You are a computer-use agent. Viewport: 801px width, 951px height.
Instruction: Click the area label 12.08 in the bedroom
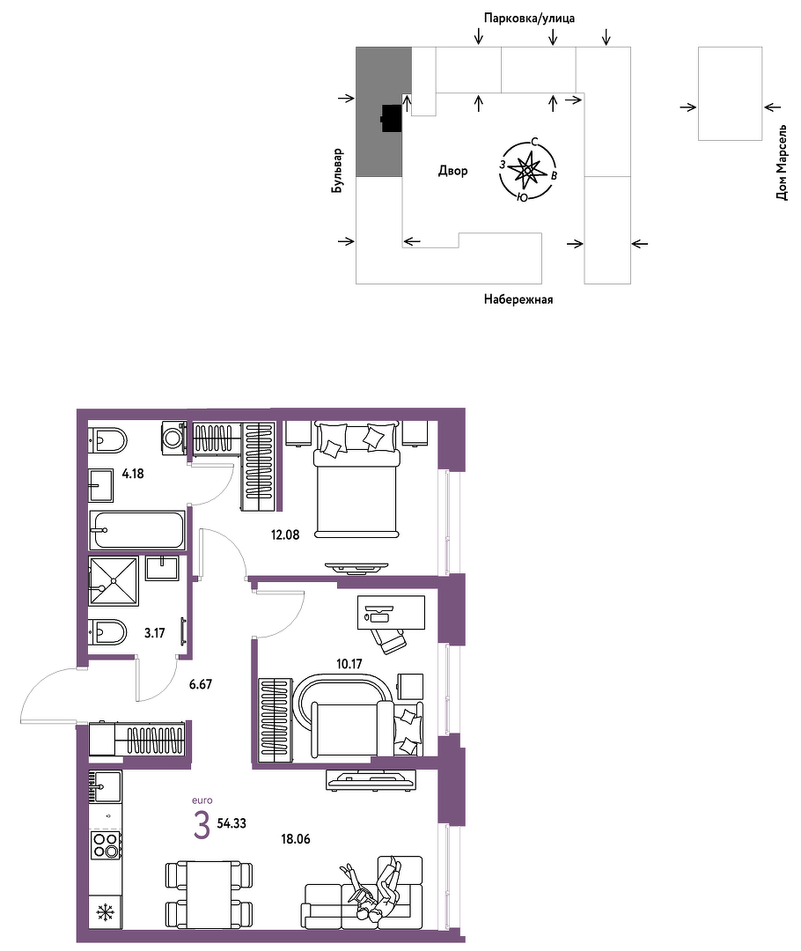tap(285, 535)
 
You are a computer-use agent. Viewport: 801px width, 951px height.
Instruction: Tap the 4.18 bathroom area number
tap(133, 474)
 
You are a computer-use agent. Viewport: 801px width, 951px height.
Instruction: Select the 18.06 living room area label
tap(295, 839)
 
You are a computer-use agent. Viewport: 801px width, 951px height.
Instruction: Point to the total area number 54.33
tap(231, 823)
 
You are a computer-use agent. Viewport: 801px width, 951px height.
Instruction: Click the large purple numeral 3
tap(202, 826)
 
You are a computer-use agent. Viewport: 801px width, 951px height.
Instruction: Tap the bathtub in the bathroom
tap(137, 530)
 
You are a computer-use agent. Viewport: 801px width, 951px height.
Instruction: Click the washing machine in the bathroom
tap(173, 436)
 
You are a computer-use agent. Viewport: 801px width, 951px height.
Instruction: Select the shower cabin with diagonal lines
tap(114, 581)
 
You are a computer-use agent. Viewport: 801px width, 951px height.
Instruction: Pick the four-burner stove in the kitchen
tap(106, 844)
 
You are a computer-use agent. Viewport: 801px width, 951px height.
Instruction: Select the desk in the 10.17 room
tap(391, 612)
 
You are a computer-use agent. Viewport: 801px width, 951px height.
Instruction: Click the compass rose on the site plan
tap(527, 171)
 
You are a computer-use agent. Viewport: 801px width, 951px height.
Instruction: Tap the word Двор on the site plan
tap(453, 171)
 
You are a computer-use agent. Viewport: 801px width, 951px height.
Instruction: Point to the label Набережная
tap(518, 299)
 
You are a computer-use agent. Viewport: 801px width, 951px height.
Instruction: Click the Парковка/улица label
tap(529, 18)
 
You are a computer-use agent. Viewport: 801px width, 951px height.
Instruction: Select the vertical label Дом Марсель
tap(783, 163)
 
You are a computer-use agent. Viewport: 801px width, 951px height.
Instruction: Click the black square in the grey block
tap(392, 118)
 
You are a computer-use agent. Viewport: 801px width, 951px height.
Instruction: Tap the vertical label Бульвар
tap(337, 171)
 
